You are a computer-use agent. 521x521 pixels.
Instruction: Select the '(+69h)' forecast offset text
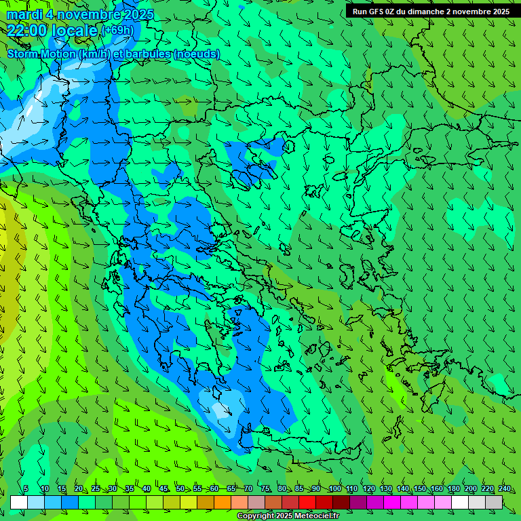(x=117, y=31)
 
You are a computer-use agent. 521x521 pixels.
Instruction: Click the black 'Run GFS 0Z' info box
(x=431, y=12)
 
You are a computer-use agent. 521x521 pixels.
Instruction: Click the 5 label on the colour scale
(x=26, y=489)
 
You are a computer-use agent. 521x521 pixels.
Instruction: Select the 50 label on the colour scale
(x=180, y=489)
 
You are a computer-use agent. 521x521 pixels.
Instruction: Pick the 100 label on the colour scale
(x=334, y=489)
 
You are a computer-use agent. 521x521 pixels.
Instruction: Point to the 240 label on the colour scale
(x=504, y=489)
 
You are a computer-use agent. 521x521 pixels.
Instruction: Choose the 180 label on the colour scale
(x=453, y=489)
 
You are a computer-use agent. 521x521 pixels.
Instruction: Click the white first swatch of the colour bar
(x=19, y=502)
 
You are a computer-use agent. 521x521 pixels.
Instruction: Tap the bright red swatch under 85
(x=307, y=502)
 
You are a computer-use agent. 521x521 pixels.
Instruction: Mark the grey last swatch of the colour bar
(x=494, y=502)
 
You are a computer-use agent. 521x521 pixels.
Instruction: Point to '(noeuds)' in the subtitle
(x=197, y=54)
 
